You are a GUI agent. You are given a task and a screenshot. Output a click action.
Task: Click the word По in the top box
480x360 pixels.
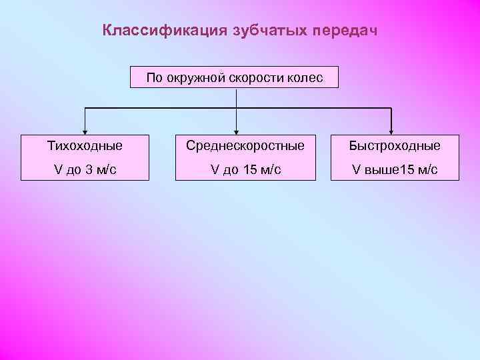(154, 78)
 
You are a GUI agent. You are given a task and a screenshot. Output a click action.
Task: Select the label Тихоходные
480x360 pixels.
(85, 145)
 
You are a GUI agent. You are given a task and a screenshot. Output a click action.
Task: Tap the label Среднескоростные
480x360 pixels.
(246, 145)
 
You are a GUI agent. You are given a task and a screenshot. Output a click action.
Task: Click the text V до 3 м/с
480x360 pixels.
(85, 169)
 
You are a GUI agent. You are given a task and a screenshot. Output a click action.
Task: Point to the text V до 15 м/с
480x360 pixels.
(246, 169)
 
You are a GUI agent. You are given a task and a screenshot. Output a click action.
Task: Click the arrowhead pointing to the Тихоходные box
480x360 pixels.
(85, 130)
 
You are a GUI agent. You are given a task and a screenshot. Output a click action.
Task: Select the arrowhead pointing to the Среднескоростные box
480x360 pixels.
(237, 130)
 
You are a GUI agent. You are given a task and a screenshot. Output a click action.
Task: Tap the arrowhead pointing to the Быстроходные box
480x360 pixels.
(391, 130)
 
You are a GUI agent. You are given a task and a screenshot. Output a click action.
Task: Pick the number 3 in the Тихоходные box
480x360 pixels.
(89, 169)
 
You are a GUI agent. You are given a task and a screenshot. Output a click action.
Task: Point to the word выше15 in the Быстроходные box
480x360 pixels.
(392, 169)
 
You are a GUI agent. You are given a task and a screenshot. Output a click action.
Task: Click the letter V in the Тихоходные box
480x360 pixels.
(58, 169)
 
